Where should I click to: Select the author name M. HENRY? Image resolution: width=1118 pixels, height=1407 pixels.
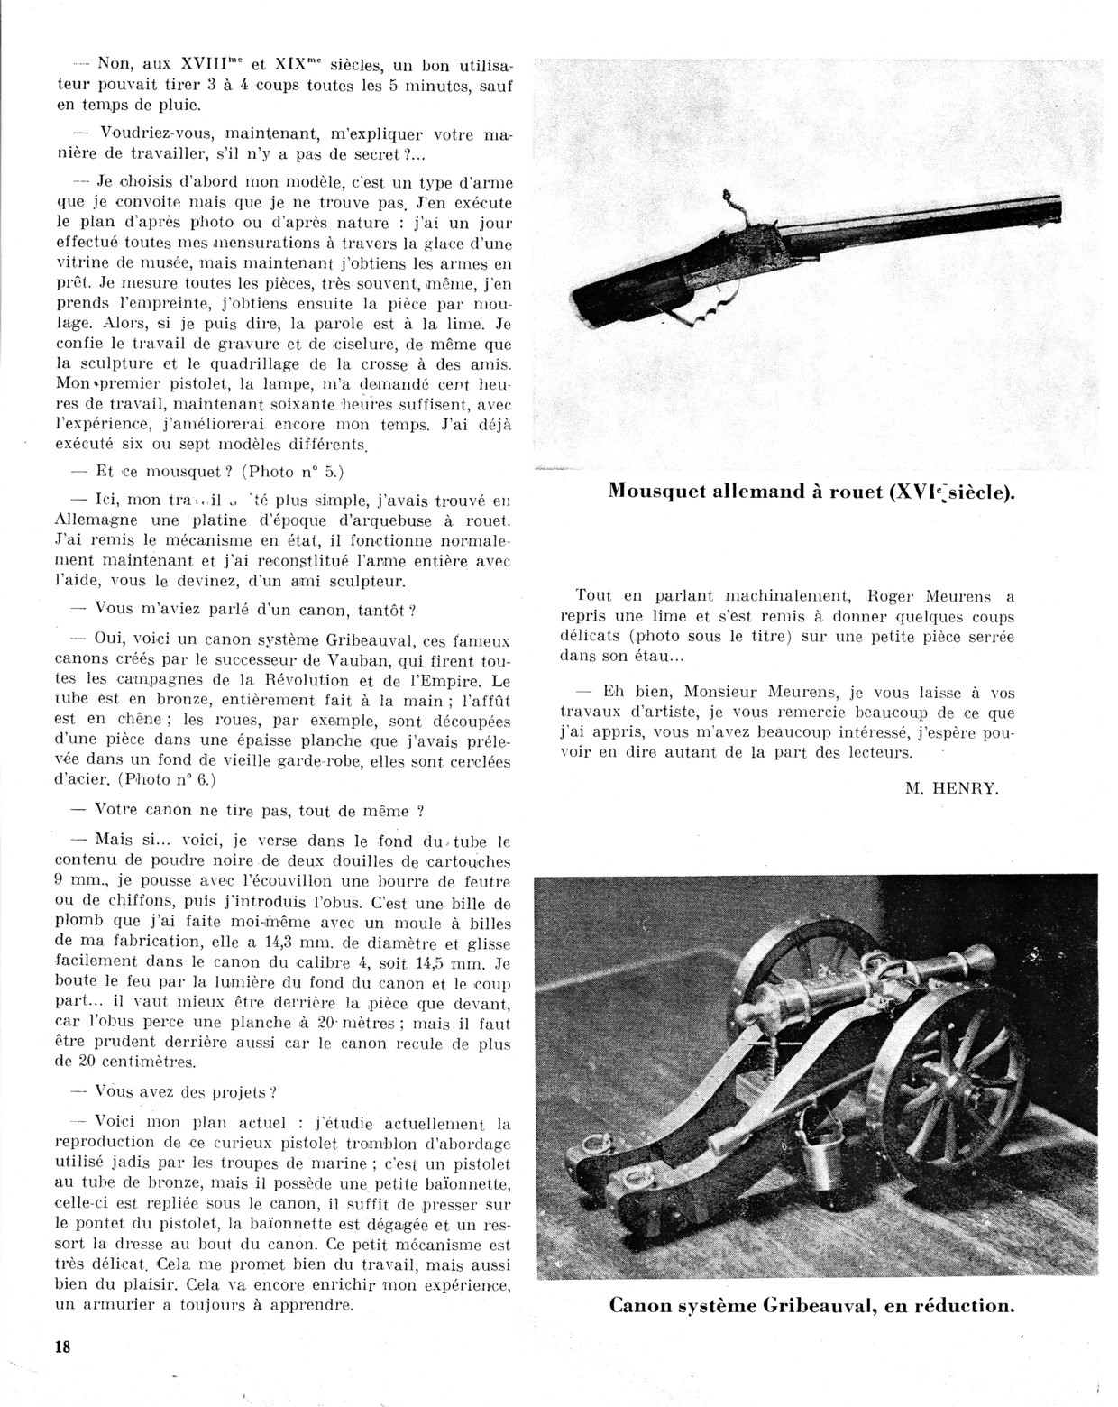(951, 787)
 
